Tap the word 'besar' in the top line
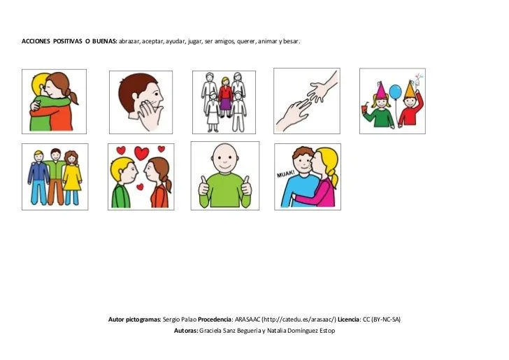click(291, 41)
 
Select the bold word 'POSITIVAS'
click(67, 41)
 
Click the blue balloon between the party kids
click(395, 92)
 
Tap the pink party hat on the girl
click(381, 90)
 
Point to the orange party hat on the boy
click(410, 89)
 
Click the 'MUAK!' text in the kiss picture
click(285, 174)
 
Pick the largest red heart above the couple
click(141, 153)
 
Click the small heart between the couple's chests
click(140, 187)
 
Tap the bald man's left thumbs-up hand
click(203, 187)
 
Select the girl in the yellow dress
click(72, 178)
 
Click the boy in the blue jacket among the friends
click(38, 178)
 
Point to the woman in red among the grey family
click(225, 96)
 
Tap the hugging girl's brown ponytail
click(73, 96)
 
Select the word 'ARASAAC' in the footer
click(248, 319)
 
